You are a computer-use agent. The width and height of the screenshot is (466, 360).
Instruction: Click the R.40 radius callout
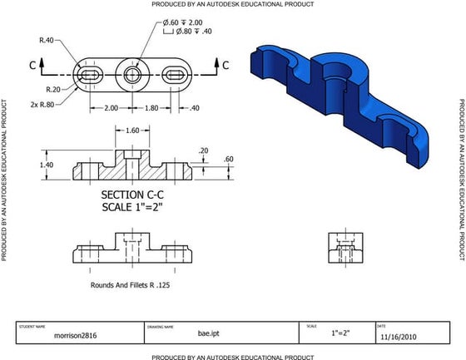47,39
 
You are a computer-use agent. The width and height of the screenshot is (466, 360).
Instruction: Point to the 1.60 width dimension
131,131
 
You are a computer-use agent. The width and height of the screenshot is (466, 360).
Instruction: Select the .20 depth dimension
204,150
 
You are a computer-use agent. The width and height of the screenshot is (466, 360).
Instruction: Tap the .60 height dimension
229,159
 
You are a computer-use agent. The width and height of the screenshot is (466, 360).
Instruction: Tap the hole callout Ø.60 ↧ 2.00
182,22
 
